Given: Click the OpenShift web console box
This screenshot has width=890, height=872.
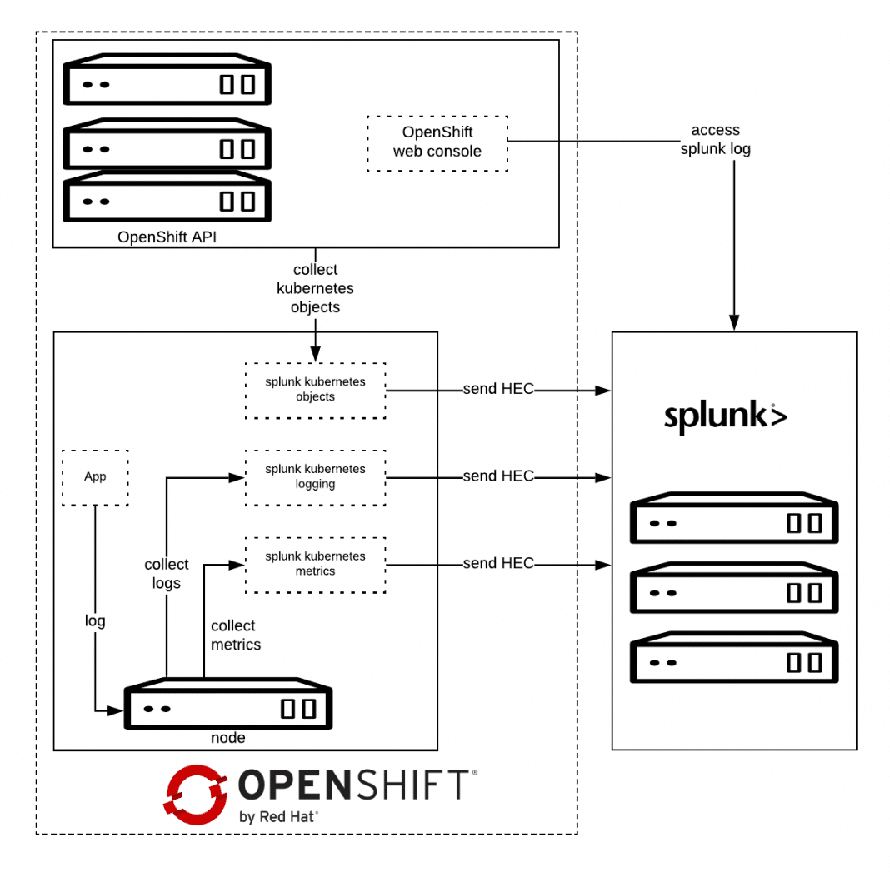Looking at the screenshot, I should pyautogui.click(x=437, y=142).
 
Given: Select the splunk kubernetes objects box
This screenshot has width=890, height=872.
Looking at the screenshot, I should pyautogui.click(x=315, y=390).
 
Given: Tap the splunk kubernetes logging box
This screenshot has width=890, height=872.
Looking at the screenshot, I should pyautogui.click(x=315, y=476).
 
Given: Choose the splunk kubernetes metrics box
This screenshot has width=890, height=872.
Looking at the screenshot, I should pyautogui.click(x=315, y=564).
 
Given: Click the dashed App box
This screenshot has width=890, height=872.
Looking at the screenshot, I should pyautogui.click(x=95, y=477).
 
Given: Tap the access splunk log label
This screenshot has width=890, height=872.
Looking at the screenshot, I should pyautogui.click(x=715, y=140).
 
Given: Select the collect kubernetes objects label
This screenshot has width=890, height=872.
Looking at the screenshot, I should pyautogui.click(x=316, y=288).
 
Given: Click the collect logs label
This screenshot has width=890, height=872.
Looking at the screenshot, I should pyautogui.click(x=167, y=574).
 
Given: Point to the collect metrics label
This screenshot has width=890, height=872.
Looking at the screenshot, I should pyautogui.click(x=235, y=635).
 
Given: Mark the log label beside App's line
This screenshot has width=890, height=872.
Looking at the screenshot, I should pyautogui.click(x=95, y=620).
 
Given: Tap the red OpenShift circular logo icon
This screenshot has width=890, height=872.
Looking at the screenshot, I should pyautogui.click(x=196, y=794).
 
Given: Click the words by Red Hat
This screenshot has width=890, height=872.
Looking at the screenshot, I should pyautogui.click(x=278, y=817).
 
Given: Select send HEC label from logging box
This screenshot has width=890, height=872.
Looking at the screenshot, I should pyautogui.click(x=498, y=476).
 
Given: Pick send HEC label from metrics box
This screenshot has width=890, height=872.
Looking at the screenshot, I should pyautogui.click(x=498, y=563).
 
